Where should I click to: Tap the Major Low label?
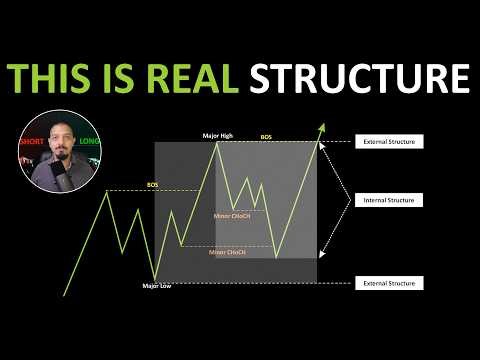point(158,287)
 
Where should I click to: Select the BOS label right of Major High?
point(265,136)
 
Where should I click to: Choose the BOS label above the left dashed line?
point(152,184)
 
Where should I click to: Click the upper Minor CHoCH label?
point(233,215)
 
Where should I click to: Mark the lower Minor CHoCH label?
point(227,252)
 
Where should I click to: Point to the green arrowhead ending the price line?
point(323,128)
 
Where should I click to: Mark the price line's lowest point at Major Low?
point(155,279)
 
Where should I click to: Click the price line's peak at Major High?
point(219,143)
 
